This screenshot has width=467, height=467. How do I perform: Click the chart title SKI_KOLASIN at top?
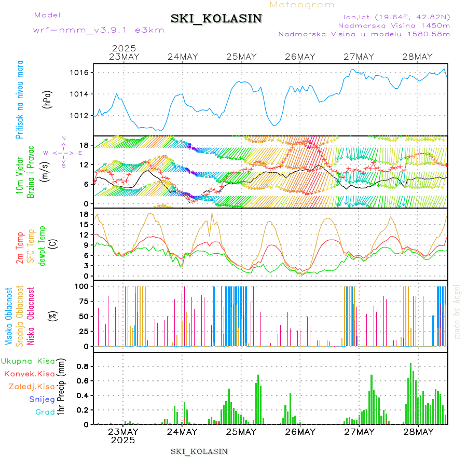point(216,19)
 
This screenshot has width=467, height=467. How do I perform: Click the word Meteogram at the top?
point(303,5)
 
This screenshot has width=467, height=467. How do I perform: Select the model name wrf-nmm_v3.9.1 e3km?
point(99,30)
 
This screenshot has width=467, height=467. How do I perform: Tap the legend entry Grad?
point(45,412)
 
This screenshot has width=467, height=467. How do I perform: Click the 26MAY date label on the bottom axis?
point(300,432)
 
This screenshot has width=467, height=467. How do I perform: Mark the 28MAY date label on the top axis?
point(417,57)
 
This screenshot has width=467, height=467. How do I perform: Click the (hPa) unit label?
point(47,99)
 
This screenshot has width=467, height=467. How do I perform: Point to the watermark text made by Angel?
point(457,311)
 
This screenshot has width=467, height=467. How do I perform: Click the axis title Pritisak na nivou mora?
point(20,99)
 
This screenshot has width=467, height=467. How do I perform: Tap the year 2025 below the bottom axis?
point(123,440)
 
